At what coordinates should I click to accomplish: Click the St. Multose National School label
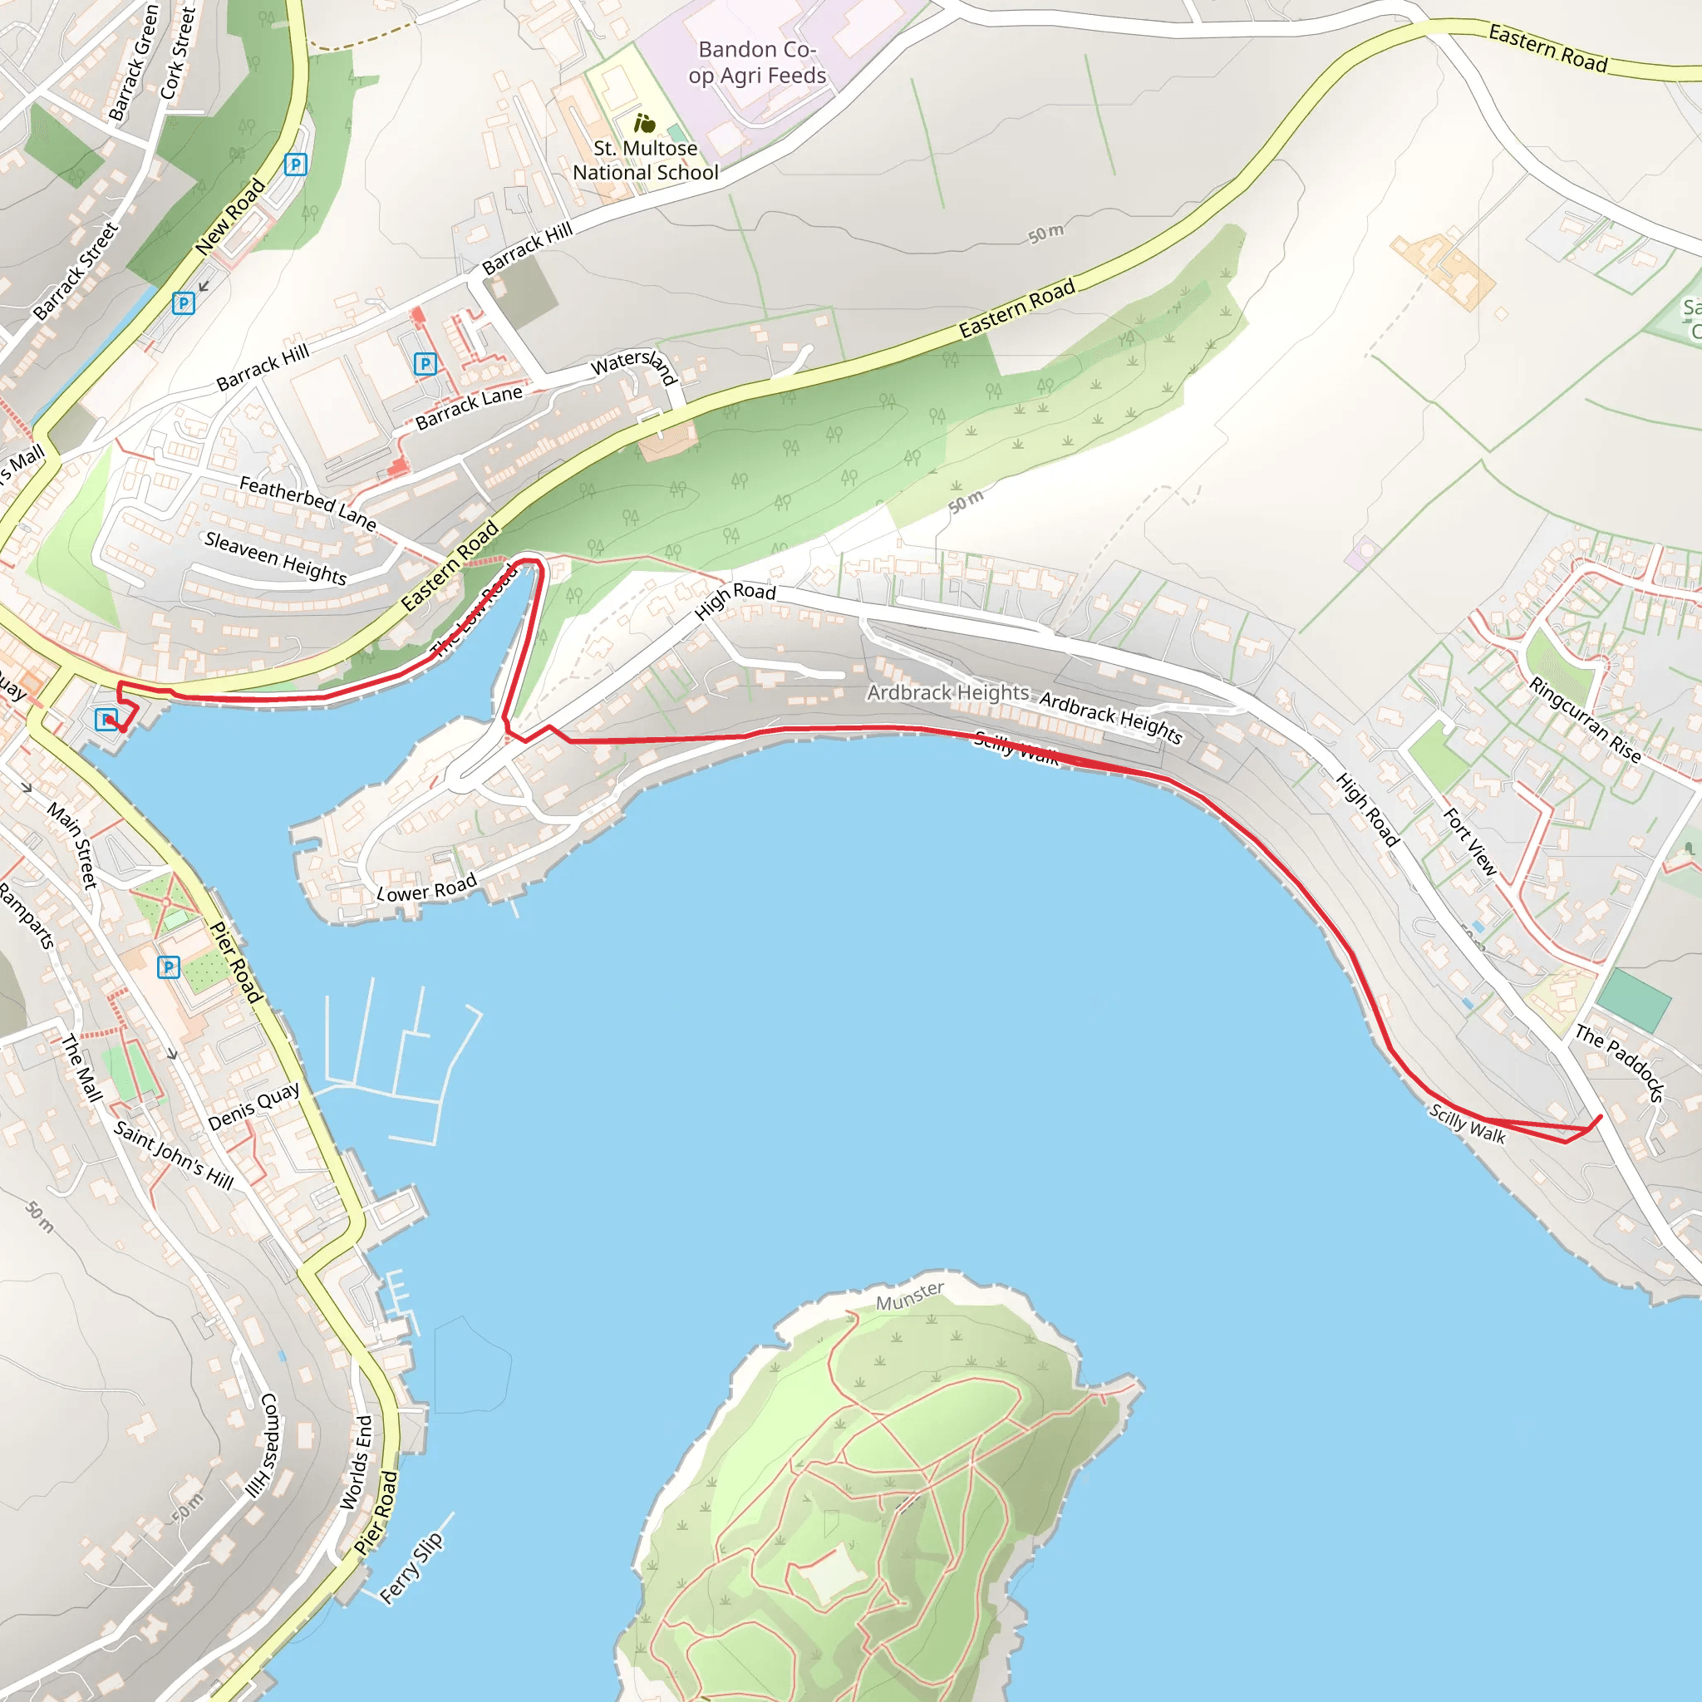point(646,160)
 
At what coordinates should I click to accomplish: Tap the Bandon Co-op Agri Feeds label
point(757,62)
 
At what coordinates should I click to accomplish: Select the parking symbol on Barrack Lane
point(425,363)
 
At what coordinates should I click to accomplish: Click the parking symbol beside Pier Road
point(168,967)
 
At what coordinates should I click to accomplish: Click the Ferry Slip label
point(411,1568)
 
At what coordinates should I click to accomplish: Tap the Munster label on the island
point(909,1296)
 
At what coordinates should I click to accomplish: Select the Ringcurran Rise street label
point(1585,720)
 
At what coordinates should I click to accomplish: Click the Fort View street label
point(1468,842)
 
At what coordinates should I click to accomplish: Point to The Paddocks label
point(1619,1062)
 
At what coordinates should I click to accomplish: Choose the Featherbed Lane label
point(307,502)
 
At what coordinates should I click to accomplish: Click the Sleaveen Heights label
point(275,558)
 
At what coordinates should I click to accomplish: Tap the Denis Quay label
point(253,1106)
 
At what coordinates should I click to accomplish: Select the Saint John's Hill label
point(174,1156)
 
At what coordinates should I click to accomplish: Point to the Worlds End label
point(356,1463)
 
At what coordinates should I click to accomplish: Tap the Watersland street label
point(634,365)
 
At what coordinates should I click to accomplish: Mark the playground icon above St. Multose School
point(645,123)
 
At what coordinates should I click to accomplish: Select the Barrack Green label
point(133,61)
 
